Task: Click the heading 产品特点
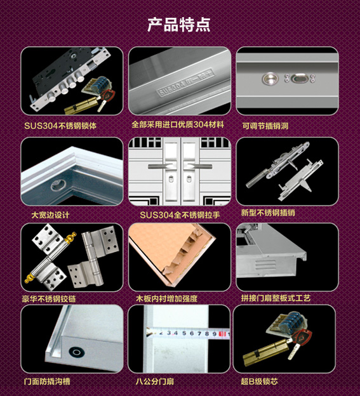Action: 179,25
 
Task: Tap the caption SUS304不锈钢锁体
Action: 60,126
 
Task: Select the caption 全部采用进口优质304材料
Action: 178,124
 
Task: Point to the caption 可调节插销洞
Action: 265,126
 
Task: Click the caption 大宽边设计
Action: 50,215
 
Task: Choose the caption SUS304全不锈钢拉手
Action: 180,215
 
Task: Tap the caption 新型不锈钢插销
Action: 268,213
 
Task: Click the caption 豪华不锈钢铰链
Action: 49,299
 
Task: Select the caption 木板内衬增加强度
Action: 167,298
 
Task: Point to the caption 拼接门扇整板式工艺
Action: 276,298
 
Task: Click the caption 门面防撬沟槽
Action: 47,381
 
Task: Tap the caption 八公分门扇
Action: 155,381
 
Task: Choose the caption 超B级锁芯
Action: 259,381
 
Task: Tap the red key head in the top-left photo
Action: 108,95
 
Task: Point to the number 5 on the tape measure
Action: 184,333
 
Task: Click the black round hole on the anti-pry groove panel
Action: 77,352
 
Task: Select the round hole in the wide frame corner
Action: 58,185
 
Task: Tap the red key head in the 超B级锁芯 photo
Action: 302,336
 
